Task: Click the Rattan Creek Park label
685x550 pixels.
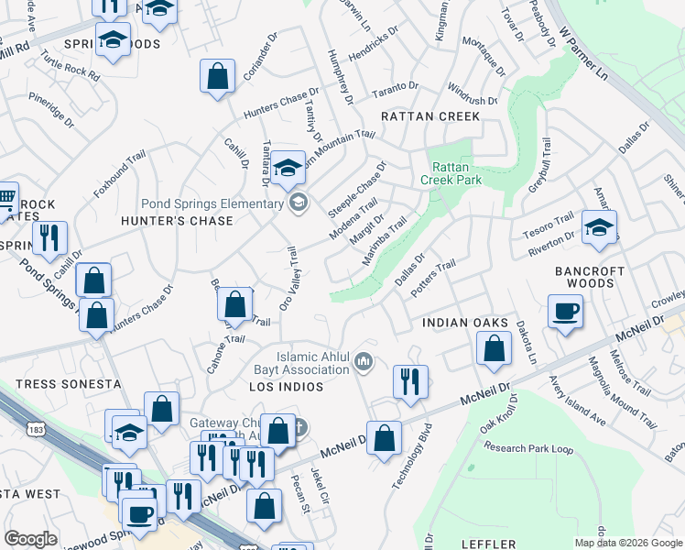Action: click(451, 173)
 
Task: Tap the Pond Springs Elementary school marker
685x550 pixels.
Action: click(298, 203)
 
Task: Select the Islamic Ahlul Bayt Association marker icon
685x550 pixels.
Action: click(364, 364)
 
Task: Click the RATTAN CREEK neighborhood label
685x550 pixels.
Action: click(430, 116)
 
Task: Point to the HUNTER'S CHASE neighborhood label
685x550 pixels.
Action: click(178, 221)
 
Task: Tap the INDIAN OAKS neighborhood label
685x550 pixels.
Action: click(465, 323)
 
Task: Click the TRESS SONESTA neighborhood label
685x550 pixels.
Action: click(69, 383)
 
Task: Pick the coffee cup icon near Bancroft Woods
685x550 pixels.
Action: click(565, 311)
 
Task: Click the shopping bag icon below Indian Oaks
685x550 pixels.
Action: click(495, 349)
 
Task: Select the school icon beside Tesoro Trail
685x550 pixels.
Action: click(599, 228)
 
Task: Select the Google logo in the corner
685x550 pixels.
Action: click(30, 539)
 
